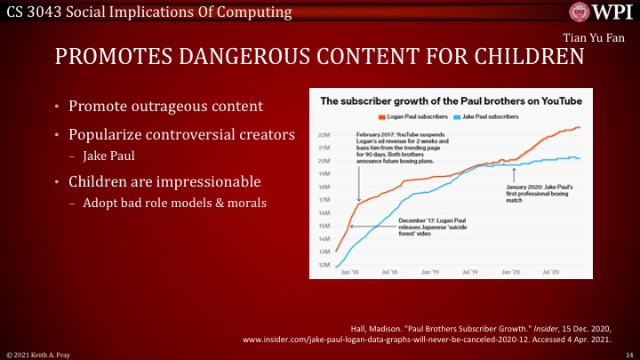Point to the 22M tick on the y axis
[x=324, y=135]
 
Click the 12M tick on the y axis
[x=324, y=265]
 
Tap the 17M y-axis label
[x=324, y=200]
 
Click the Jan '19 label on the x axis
[x=429, y=272]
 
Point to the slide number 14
[x=628, y=354]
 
